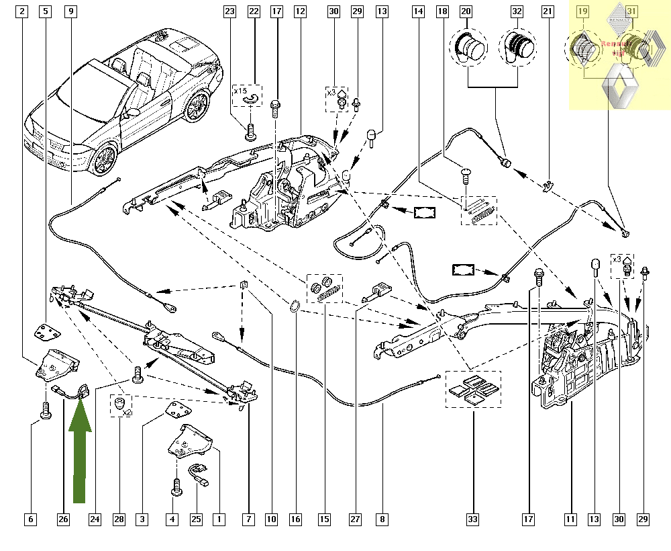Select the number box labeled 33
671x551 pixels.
pos(472,519)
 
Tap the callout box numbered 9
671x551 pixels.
pos(71,11)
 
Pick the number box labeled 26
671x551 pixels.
pos(63,519)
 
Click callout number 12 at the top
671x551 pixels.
pos(299,11)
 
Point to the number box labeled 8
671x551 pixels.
pos(381,519)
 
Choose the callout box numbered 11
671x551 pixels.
pos(571,519)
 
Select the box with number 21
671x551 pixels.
pos(548,11)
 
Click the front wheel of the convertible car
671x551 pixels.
pos(104,160)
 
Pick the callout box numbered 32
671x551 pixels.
pos(516,11)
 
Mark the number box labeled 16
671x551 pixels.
pos(296,519)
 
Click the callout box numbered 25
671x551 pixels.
pos(196,519)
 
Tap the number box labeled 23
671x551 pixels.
pos(230,11)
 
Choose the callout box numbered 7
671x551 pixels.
pos(249,519)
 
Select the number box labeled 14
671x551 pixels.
pos(418,11)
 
